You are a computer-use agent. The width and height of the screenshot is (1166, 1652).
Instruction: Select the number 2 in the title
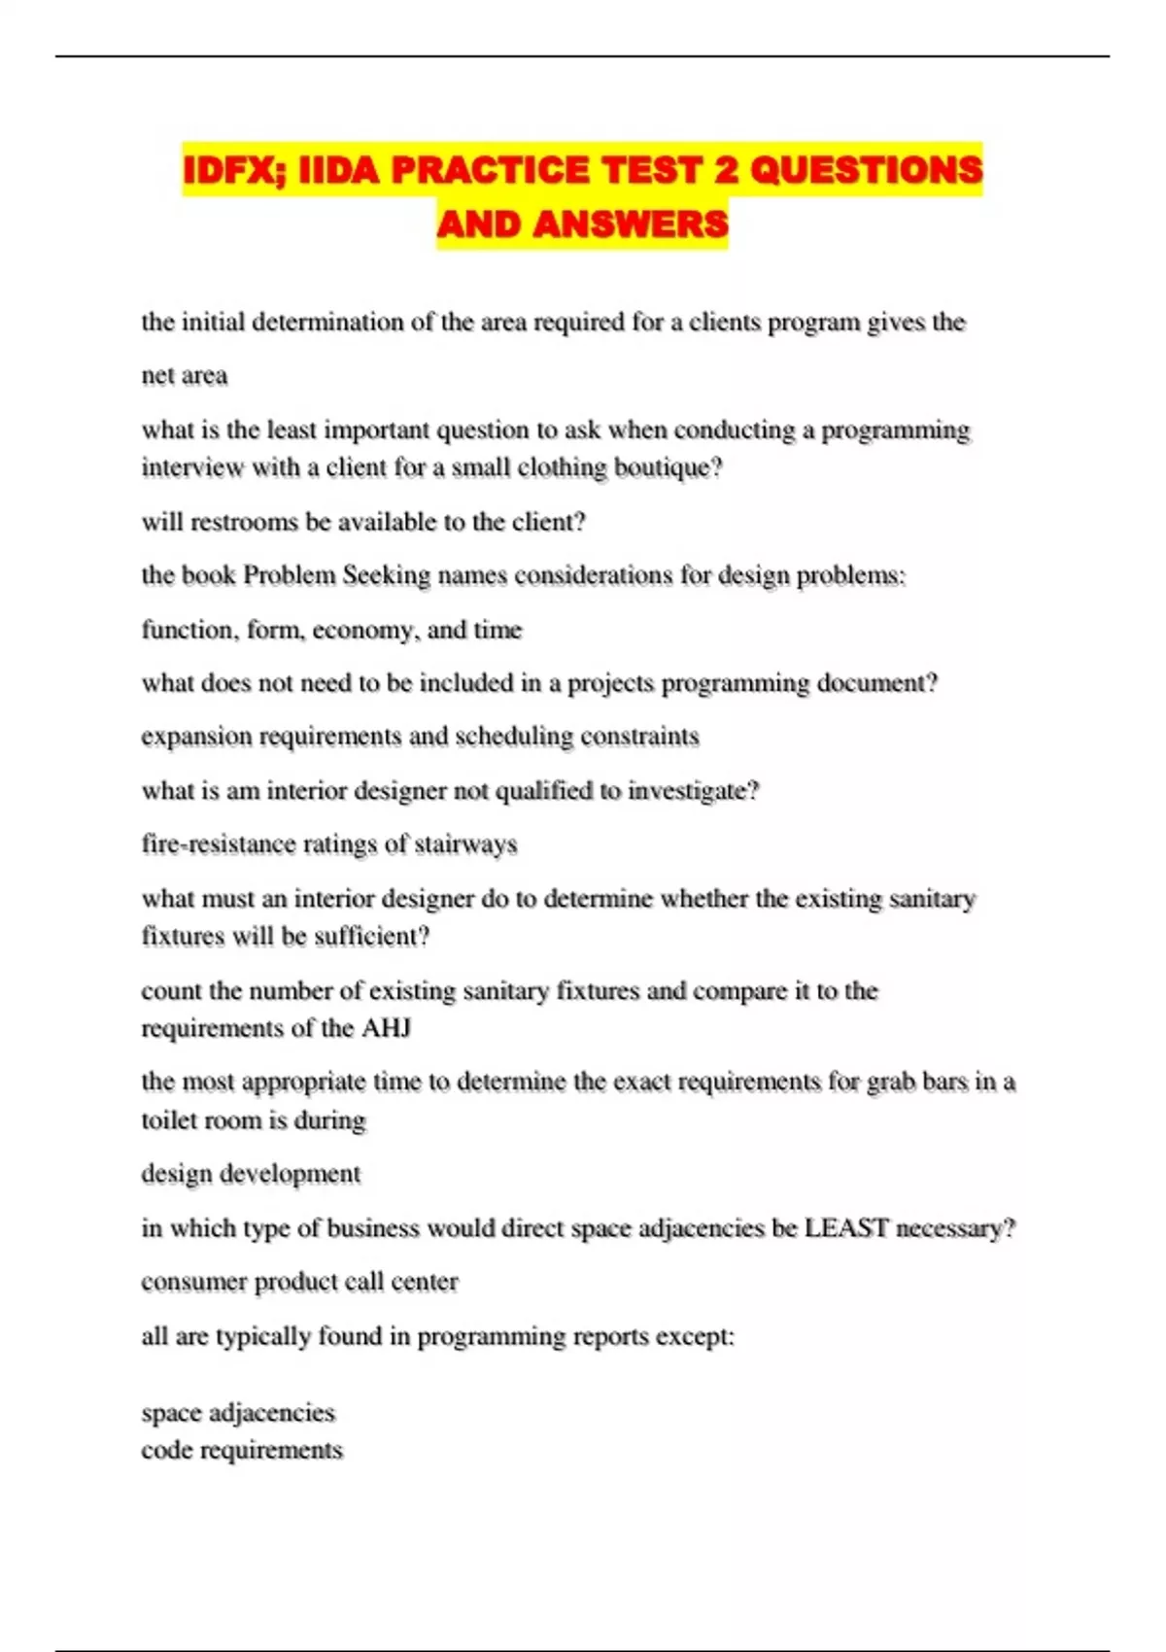tap(726, 171)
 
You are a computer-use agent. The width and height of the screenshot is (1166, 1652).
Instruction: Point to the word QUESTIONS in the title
tap(867, 171)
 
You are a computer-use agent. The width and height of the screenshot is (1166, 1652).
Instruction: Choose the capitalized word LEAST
tap(846, 1228)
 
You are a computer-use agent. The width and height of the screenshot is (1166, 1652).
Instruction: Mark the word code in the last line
tap(166, 1450)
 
